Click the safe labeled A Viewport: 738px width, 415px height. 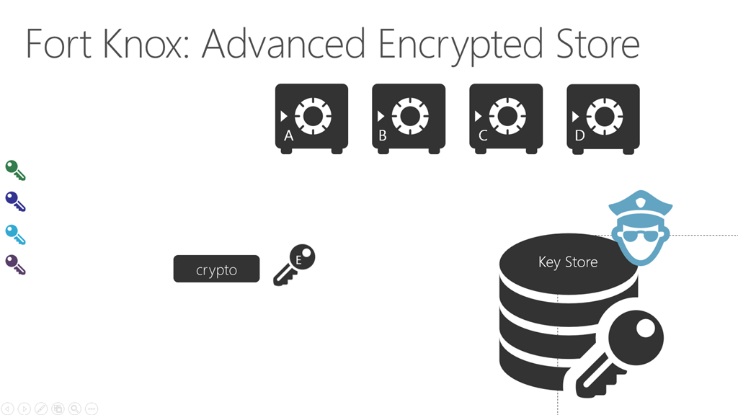tap(311, 118)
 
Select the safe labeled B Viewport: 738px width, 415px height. tap(409, 118)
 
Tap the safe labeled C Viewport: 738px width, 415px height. tap(506, 118)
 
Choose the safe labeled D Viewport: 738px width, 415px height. tap(603, 118)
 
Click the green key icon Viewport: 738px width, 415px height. tap(15, 170)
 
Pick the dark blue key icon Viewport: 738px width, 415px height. tap(15, 202)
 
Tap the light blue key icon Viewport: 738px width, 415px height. tap(15, 234)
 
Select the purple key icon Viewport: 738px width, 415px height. tap(15, 265)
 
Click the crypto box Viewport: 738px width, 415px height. tap(216, 269)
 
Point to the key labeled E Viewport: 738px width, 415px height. tap(295, 264)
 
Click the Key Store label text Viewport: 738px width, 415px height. tap(568, 262)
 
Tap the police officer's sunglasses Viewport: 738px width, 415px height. tap(640, 236)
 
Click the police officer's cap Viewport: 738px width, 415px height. tap(640, 203)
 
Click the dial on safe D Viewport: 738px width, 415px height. tap(604, 115)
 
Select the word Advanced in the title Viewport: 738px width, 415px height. tap(283, 45)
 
